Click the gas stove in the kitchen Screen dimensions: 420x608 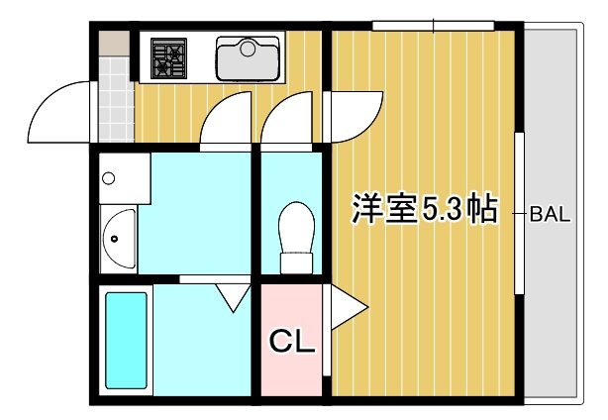(169, 58)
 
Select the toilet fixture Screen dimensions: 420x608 (295, 237)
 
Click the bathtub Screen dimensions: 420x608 (126, 338)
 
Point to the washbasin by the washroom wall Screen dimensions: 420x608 (118, 239)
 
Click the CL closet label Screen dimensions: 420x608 (292, 343)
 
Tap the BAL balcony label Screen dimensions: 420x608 (550, 211)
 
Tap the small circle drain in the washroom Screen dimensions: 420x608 (109, 179)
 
